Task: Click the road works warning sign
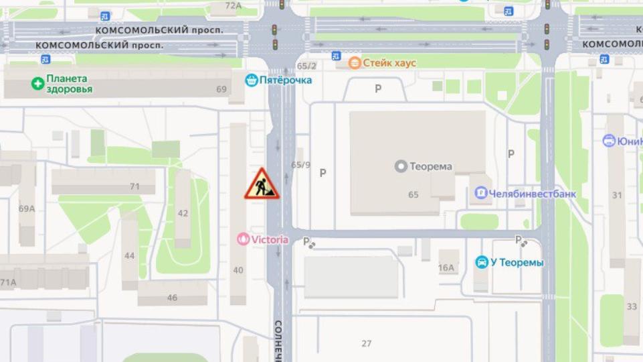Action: (262, 184)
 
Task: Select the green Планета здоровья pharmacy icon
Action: (37, 84)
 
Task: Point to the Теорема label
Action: (430, 166)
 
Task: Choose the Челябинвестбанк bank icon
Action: (480, 194)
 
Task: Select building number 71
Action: (134, 186)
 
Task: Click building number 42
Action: (183, 213)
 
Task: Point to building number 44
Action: (129, 255)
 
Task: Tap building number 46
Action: (172, 298)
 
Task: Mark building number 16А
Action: (446, 267)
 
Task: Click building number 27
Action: (366, 343)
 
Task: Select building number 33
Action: (632, 306)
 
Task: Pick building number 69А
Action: (26, 208)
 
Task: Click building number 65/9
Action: (301, 165)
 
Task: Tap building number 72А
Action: (233, 6)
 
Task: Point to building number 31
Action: (616, 196)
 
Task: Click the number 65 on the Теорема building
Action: (413, 194)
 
